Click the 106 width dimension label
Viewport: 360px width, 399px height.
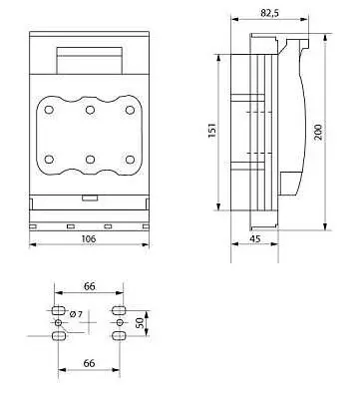(89, 238)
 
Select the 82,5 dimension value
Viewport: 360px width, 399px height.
(270, 13)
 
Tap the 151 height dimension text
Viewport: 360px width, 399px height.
(212, 131)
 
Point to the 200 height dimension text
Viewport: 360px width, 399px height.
(318, 132)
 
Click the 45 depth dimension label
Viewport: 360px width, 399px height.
(255, 238)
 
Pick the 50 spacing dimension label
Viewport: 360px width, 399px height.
(141, 323)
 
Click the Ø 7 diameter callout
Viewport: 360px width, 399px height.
(76, 314)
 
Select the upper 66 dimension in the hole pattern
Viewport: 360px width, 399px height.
(89, 286)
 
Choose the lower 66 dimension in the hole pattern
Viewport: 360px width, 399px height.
(89, 363)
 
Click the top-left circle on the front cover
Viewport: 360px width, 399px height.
(49, 110)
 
